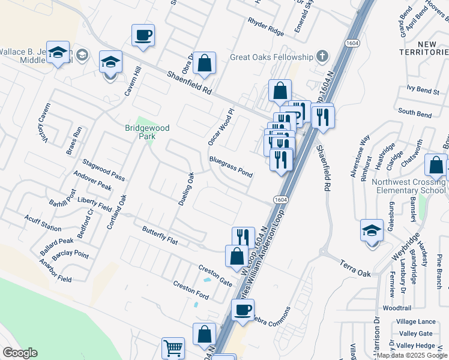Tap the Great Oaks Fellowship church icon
(x=322, y=57)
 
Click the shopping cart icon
(x=173, y=347)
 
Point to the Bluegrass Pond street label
(x=231, y=167)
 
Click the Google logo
(x=20, y=353)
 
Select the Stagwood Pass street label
(x=104, y=169)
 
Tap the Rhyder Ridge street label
(x=265, y=26)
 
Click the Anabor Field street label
(x=55, y=271)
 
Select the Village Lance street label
(x=417, y=322)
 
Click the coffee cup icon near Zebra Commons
(x=243, y=310)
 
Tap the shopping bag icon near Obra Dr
(x=204, y=62)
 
